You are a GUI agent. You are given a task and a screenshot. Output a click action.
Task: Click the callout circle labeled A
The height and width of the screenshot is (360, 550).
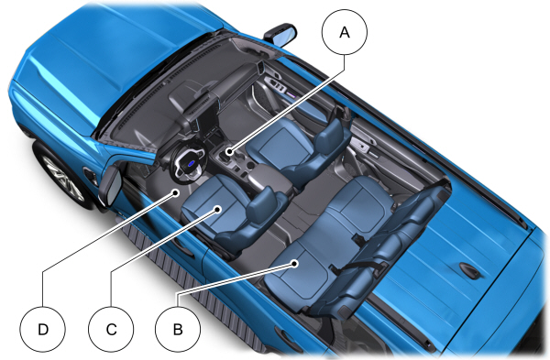(345, 32)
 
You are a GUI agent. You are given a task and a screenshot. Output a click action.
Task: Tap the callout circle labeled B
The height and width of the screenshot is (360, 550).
(178, 329)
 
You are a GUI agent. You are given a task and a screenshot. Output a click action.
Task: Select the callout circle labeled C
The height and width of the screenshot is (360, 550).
(111, 329)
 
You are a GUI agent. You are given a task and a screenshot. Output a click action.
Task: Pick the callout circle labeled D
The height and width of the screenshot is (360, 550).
(43, 329)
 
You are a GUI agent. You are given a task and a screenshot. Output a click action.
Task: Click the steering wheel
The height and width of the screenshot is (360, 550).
(188, 162)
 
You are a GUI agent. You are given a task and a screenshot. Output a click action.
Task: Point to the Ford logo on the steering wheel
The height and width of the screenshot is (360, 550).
(191, 163)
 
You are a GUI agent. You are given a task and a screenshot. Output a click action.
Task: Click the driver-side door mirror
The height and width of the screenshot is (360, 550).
(110, 185)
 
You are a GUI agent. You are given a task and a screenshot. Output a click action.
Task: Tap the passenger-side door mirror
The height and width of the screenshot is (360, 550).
(280, 35)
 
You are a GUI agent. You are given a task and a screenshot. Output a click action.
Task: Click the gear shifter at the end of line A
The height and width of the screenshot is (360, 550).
(229, 152)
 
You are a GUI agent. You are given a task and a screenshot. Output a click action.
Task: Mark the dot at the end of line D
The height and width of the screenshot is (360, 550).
(177, 192)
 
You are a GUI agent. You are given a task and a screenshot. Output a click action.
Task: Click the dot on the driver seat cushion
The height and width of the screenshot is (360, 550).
(218, 209)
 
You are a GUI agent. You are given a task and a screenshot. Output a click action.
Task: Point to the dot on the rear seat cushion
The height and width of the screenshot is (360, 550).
(295, 263)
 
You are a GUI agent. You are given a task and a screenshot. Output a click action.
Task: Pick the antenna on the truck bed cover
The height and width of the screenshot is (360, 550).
(469, 270)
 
